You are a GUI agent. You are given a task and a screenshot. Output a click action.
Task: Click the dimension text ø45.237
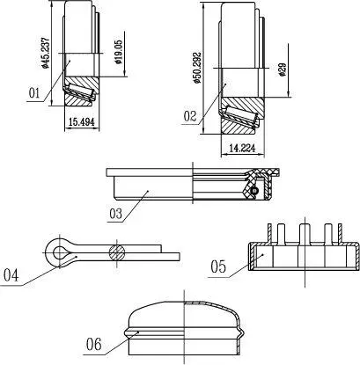click(45, 53)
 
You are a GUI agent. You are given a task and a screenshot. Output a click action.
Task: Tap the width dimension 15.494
click(82, 122)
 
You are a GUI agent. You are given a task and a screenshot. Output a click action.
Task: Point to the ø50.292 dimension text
click(197, 68)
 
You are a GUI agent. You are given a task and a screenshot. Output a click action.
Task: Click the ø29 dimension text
click(283, 69)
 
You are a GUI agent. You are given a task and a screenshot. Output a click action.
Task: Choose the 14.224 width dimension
click(242, 149)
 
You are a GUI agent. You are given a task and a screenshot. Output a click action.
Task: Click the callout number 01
click(34, 93)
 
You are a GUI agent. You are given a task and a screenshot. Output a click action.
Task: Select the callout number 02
click(190, 116)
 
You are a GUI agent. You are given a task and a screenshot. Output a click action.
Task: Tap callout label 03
click(115, 214)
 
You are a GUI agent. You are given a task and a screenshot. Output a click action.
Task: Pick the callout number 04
click(11, 275)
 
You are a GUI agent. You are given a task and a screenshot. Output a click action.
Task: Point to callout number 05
click(218, 267)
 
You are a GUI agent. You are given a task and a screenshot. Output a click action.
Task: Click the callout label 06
click(94, 344)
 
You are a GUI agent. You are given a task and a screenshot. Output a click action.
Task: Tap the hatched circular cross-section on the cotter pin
click(117, 252)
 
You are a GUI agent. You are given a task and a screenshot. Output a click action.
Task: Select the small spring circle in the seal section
click(254, 191)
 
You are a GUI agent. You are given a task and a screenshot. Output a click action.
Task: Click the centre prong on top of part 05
click(305, 234)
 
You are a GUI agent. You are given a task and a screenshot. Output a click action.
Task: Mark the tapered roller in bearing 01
click(80, 90)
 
